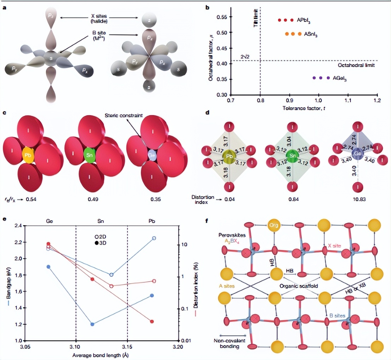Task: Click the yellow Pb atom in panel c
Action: (x=27, y=155)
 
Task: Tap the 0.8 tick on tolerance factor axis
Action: (x=260, y=101)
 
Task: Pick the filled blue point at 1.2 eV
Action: (x=92, y=324)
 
